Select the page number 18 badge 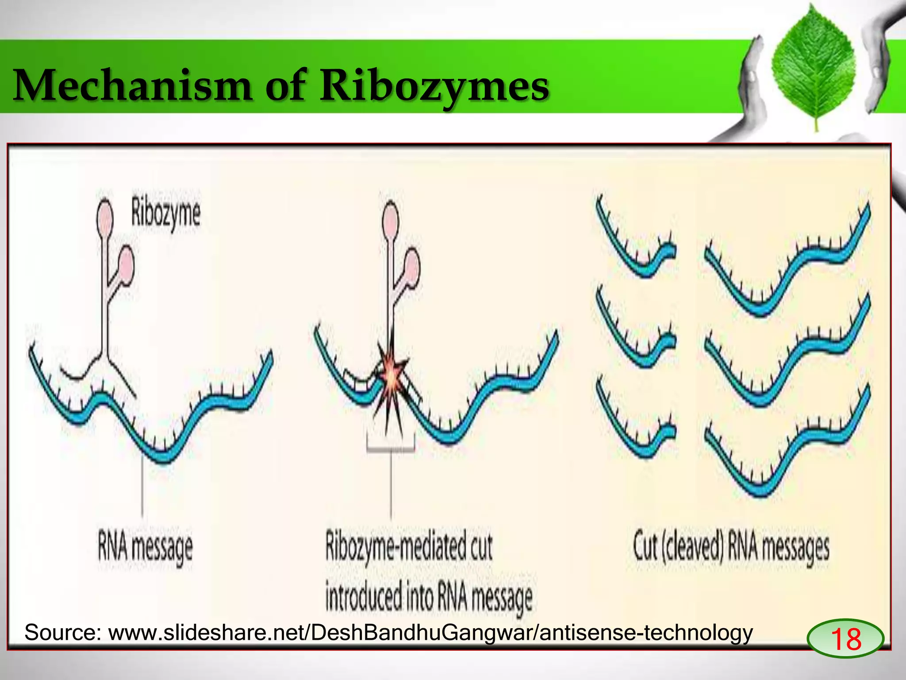(845, 638)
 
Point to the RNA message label (145, 548)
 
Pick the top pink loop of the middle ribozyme (390, 220)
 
